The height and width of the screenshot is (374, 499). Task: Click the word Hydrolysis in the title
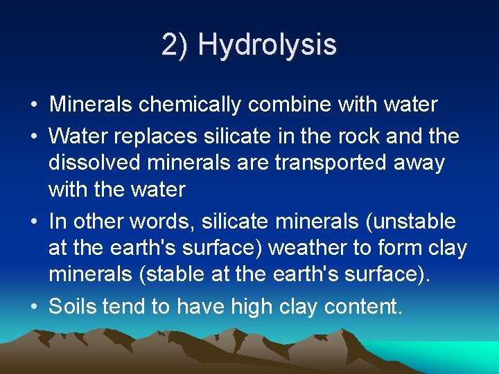(267, 45)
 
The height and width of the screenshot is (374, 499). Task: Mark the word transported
(329, 163)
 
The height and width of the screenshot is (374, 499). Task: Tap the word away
(420, 163)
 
